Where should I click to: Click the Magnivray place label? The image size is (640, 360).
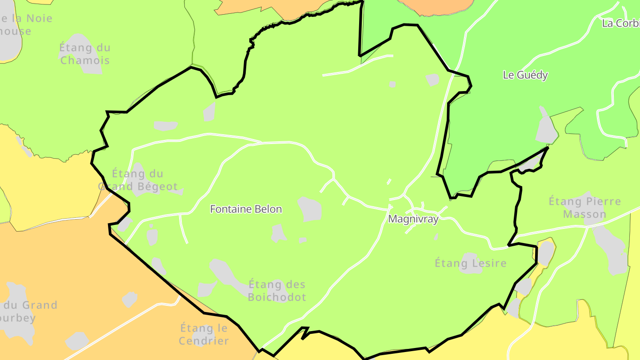[413, 219]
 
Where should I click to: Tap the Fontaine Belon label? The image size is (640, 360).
[246, 209]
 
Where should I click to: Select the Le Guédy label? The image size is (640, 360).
[525, 75]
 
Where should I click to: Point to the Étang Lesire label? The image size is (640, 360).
[470, 263]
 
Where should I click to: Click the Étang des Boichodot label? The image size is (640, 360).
[277, 291]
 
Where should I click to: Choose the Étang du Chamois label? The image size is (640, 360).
[84, 54]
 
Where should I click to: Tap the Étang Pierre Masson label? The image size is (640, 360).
[584, 208]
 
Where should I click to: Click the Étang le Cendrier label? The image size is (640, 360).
[204, 335]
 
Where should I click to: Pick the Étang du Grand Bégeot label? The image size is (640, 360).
[137, 180]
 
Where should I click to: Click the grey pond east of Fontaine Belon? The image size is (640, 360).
[310, 209]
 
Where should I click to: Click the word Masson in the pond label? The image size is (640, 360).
[584, 214]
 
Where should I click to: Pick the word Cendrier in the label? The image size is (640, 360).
[204, 341]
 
